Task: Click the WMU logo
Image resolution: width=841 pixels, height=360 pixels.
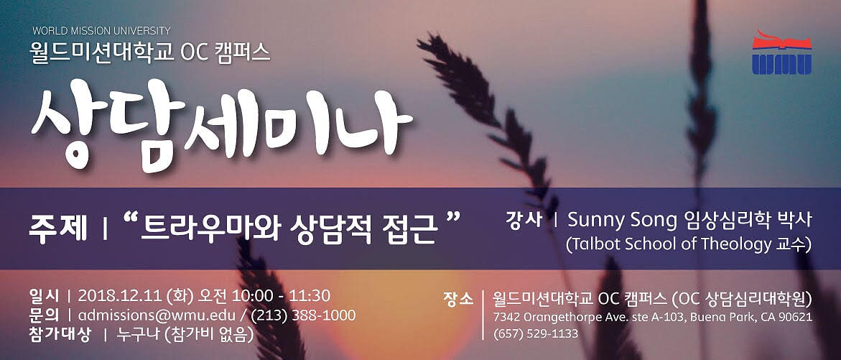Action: pos(781,52)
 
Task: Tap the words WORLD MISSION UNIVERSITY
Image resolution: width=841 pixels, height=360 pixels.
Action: pos(101,31)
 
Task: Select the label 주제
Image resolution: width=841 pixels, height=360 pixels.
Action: pos(57,229)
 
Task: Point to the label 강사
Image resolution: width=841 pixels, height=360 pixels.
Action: pos(524,220)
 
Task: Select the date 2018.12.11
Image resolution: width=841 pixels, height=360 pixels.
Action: pos(120,296)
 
